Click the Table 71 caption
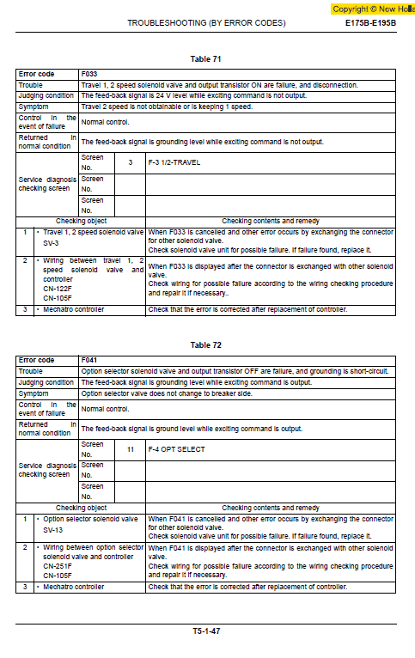(x=205, y=58)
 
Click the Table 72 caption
(x=205, y=344)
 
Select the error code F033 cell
(x=89, y=75)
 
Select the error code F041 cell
(x=89, y=361)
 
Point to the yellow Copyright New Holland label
(x=373, y=9)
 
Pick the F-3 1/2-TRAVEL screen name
(x=174, y=162)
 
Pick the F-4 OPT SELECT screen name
(x=176, y=448)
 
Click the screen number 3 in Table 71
(x=130, y=162)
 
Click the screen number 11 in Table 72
(x=130, y=448)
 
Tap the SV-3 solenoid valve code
(x=52, y=243)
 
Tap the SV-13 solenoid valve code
(x=53, y=529)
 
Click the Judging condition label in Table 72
(x=46, y=382)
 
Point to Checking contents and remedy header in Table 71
(x=270, y=221)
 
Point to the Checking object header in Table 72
(x=81, y=508)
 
